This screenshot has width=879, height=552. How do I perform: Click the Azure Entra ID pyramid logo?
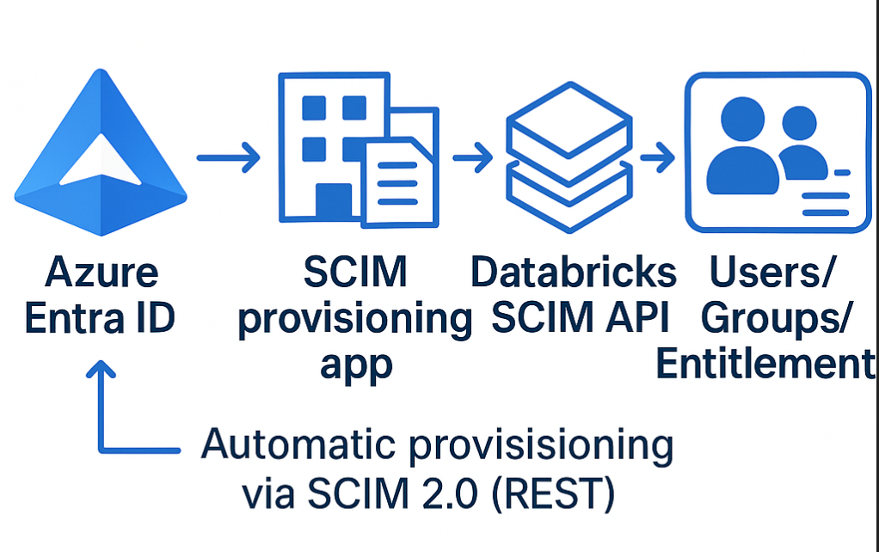pyautogui.click(x=101, y=155)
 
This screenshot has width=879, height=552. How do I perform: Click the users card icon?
pyautogui.click(x=778, y=153)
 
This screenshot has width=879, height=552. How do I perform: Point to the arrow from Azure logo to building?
pyautogui.click(x=228, y=158)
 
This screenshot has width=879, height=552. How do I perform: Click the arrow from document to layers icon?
pyautogui.click(x=472, y=157)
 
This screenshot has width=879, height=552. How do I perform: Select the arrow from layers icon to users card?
pyautogui.click(x=657, y=157)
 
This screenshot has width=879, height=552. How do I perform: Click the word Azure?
pyautogui.click(x=101, y=274)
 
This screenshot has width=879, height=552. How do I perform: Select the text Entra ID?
pyautogui.click(x=101, y=319)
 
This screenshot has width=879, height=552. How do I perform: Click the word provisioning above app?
pyautogui.click(x=354, y=319)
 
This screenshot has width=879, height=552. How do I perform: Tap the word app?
pyautogui.click(x=356, y=365)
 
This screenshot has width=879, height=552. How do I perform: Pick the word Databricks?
pyautogui.click(x=574, y=273)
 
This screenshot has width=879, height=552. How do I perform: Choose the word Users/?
pyautogui.click(x=770, y=273)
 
